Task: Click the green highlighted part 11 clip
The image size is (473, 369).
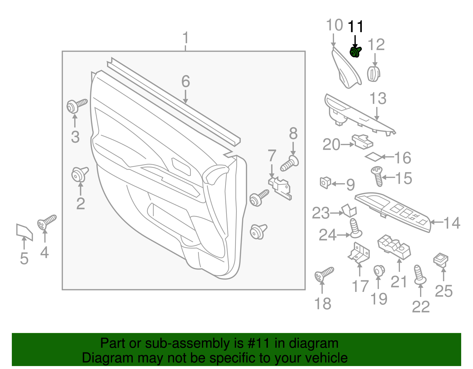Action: click(x=355, y=52)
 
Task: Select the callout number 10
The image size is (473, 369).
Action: click(x=334, y=25)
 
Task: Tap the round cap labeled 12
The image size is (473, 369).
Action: click(x=373, y=74)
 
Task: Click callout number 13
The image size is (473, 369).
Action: click(x=378, y=99)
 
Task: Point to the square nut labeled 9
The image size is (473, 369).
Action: click(x=325, y=183)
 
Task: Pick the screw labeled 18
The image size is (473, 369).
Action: click(x=324, y=274)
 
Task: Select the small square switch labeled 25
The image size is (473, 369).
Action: click(x=440, y=259)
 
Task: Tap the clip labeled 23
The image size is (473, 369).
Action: click(x=350, y=211)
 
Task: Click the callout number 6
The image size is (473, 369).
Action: click(x=185, y=81)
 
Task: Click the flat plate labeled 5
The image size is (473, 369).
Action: click(x=24, y=232)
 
